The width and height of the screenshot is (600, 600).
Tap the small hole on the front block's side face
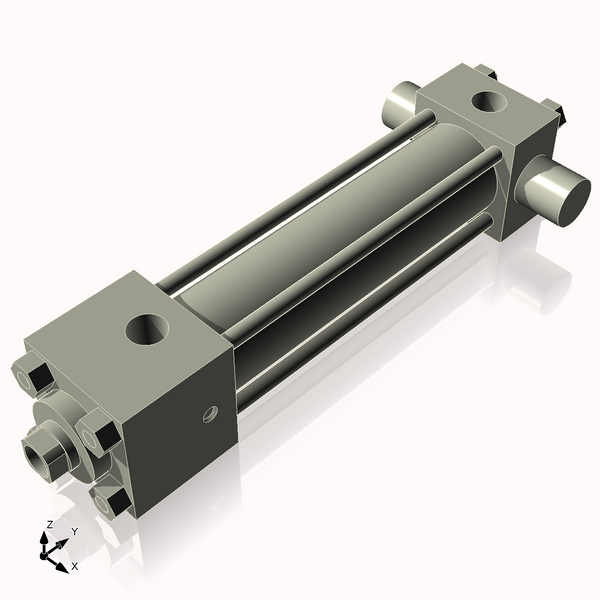coord(209,412)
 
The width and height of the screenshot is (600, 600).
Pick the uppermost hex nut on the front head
coord(38,377)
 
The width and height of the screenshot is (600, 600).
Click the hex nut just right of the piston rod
coord(100,436)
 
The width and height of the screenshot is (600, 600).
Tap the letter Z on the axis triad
coord(50,524)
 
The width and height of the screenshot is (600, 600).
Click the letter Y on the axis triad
coord(74,531)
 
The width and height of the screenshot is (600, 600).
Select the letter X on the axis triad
coord(74,566)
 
